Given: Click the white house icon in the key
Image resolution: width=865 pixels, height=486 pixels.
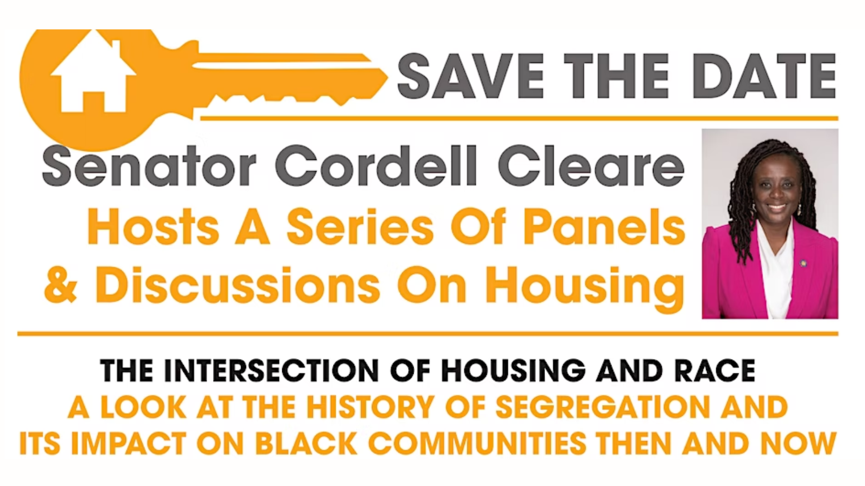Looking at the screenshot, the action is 93,73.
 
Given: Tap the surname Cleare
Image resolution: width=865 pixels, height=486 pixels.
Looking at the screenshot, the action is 591,166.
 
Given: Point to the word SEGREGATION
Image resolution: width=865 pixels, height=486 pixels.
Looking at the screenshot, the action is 603,407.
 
